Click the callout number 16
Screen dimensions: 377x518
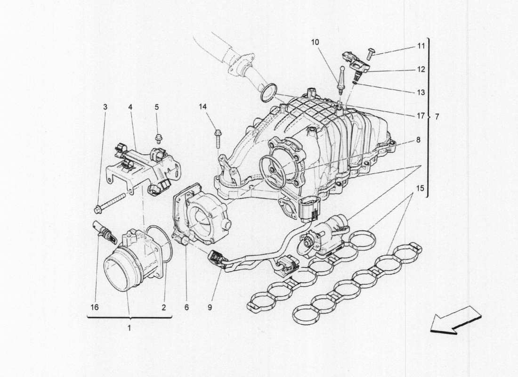pyautogui.click(x=94, y=308)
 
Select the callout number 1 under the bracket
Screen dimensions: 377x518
pyautogui.click(x=129, y=327)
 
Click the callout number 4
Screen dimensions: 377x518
pyautogui.click(x=130, y=107)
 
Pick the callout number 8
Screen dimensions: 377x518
pyautogui.click(x=418, y=140)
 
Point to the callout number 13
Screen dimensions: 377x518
pyautogui.click(x=421, y=92)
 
